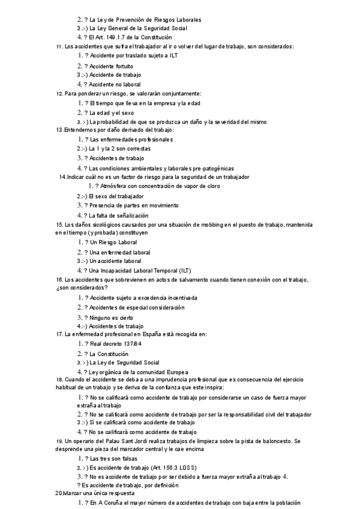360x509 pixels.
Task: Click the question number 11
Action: [58, 47]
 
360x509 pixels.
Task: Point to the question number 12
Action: [58, 94]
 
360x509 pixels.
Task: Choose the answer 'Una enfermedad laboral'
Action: [119, 252]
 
